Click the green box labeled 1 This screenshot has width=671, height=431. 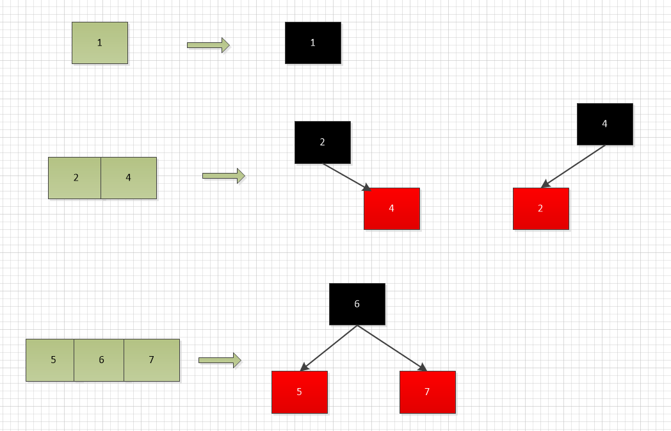[100, 43]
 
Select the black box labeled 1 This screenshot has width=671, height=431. [312, 43]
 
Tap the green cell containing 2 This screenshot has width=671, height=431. [75, 178]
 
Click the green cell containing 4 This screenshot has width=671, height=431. [129, 178]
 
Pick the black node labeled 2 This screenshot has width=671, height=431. [322, 142]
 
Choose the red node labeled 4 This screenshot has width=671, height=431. [392, 208]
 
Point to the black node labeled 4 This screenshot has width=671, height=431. [604, 124]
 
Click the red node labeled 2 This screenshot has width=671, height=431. [540, 208]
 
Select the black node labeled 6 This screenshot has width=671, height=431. [357, 304]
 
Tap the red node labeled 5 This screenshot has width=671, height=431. [299, 392]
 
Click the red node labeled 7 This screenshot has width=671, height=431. [427, 392]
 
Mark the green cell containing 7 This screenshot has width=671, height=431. [152, 360]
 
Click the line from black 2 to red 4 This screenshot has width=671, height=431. [346, 176]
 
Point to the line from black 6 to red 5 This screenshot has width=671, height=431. [328, 348]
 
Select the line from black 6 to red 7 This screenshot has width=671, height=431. [391, 348]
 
